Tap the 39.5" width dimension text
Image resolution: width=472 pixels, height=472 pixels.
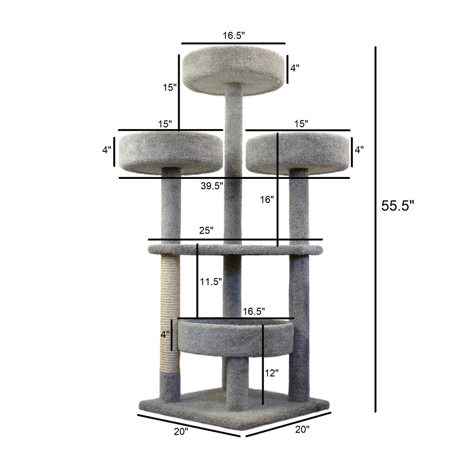(212, 185)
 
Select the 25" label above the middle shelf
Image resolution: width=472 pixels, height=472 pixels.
(206, 231)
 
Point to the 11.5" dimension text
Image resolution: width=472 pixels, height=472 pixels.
(211, 282)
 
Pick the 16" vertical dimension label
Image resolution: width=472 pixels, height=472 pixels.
(267, 199)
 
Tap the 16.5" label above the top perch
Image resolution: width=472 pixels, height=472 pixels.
(234, 36)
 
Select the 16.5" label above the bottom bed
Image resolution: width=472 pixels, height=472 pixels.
(254, 312)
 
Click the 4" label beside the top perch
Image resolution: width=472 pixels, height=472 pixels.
(295, 68)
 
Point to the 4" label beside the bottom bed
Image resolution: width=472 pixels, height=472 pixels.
(165, 335)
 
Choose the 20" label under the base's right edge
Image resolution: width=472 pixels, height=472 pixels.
(302, 429)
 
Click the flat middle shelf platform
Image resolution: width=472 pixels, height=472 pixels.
(235, 249)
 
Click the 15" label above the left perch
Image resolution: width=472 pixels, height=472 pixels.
(165, 124)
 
